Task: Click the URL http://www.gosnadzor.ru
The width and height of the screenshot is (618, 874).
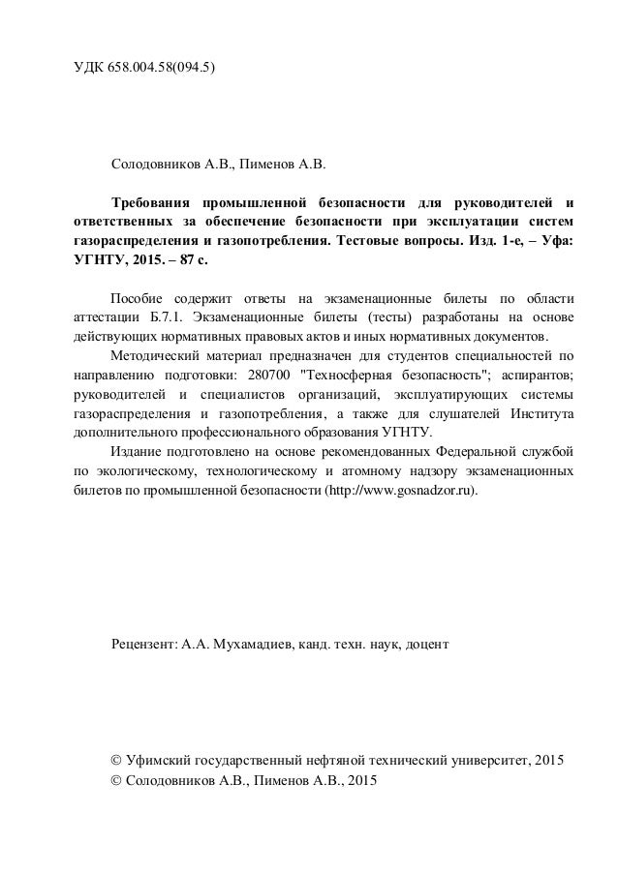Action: pyautogui.click(x=401, y=491)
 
